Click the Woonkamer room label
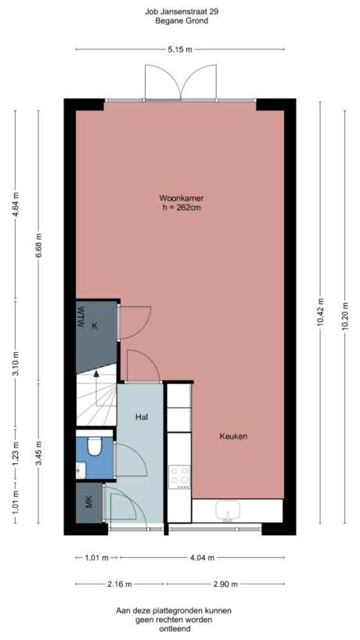click(180, 197)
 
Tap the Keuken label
click(233, 437)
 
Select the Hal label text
click(142, 417)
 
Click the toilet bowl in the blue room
click(95, 446)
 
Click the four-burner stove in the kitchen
click(180, 476)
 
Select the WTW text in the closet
click(80, 319)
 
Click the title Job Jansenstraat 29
click(181, 12)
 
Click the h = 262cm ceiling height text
click(180, 207)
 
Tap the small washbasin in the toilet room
click(81, 469)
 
